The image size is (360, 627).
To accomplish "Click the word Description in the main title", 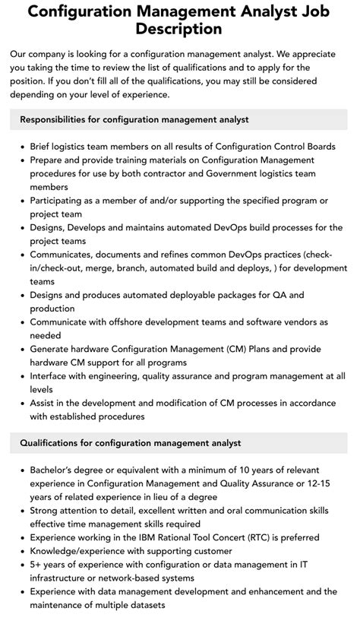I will pos(179,30).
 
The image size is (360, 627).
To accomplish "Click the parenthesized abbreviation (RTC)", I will pos(238,537).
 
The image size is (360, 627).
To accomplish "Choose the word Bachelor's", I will pos(55,470).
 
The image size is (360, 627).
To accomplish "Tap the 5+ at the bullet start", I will pos(37,564).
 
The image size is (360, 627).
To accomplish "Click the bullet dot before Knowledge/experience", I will pos(22,551).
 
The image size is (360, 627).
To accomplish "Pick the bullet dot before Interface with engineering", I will pos(22,375).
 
